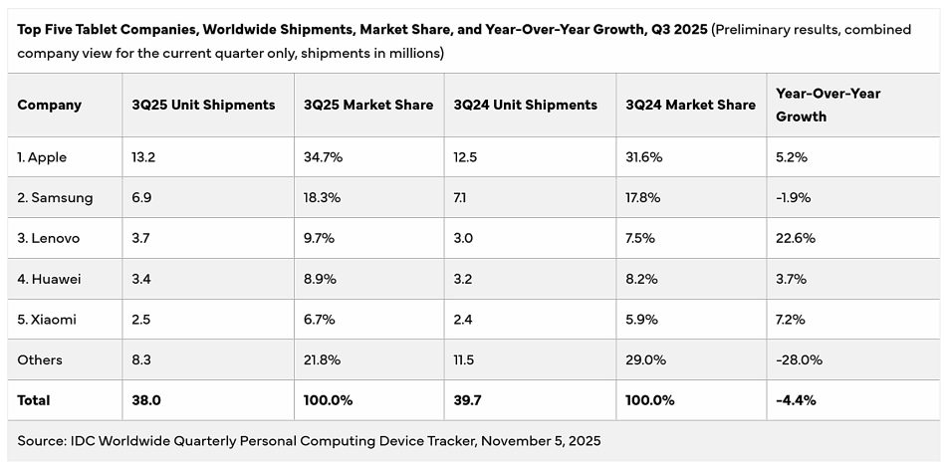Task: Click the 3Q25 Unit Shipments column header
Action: click(203, 105)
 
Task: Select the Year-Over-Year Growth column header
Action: click(828, 105)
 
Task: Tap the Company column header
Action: click(50, 105)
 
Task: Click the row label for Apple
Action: click(43, 157)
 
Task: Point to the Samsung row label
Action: click(55, 198)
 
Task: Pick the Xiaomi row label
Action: click(47, 320)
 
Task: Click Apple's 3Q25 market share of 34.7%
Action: click(323, 157)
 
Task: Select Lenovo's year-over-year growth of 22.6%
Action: click(797, 239)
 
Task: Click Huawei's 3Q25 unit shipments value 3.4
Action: click(142, 279)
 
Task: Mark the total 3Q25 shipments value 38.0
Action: click(145, 400)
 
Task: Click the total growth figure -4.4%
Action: click(797, 400)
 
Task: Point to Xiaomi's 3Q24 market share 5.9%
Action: click(642, 320)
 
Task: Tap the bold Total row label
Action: click(34, 400)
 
